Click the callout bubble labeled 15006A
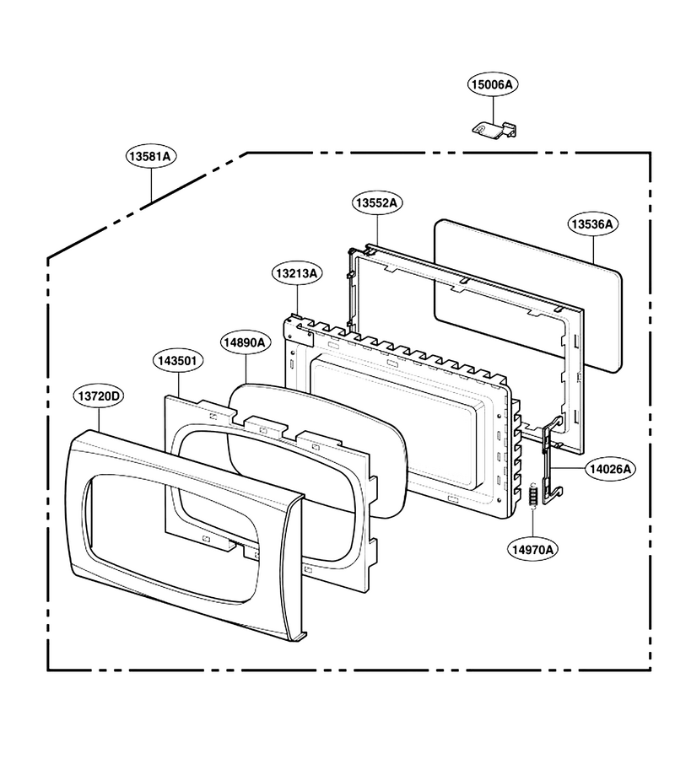click(493, 84)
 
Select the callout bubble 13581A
click(152, 156)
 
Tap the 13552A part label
click(377, 202)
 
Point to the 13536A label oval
click(592, 224)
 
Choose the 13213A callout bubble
click(297, 273)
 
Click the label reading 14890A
click(245, 342)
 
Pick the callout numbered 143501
click(178, 361)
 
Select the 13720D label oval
click(100, 396)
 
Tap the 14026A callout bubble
click(610, 469)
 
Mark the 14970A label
click(532, 549)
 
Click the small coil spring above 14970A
click(532, 495)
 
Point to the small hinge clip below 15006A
click(494, 129)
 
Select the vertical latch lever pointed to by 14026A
click(551, 462)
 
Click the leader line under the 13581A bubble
click(152, 186)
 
